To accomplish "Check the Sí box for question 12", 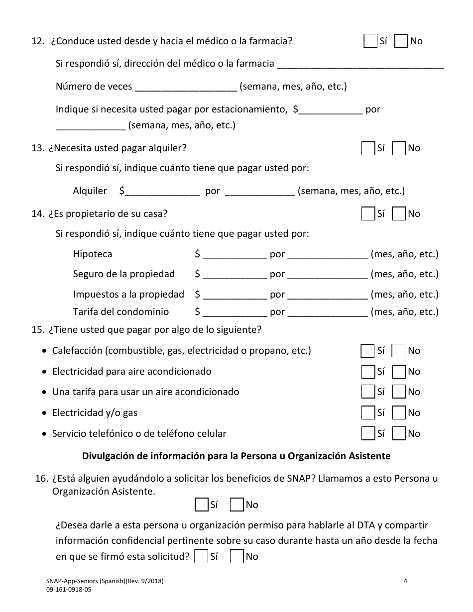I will pyautogui.click(x=370, y=41).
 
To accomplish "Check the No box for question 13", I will pyautogui.click(x=399, y=148).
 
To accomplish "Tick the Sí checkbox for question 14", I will pyautogui.click(x=368, y=214).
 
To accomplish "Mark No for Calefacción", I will pyautogui.click(x=398, y=351).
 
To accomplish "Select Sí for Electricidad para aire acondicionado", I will pyautogui.click(x=368, y=372).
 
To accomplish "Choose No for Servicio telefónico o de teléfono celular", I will pyautogui.click(x=399, y=433).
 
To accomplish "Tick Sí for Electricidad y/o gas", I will pyautogui.click(x=368, y=413).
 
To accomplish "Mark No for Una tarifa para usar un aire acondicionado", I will pyautogui.click(x=399, y=392).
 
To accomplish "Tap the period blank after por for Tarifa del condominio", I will pyautogui.click(x=328, y=312).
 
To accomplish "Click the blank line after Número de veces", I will pyautogui.click(x=186, y=87).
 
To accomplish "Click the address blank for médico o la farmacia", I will pyautogui.click(x=359, y=64).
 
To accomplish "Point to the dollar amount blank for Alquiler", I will pyautogui.click(x=163, y=192).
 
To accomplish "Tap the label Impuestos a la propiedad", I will pyautogui.click(x=128, y=295).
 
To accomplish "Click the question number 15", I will pyautogui.click(x=37, y=330).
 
